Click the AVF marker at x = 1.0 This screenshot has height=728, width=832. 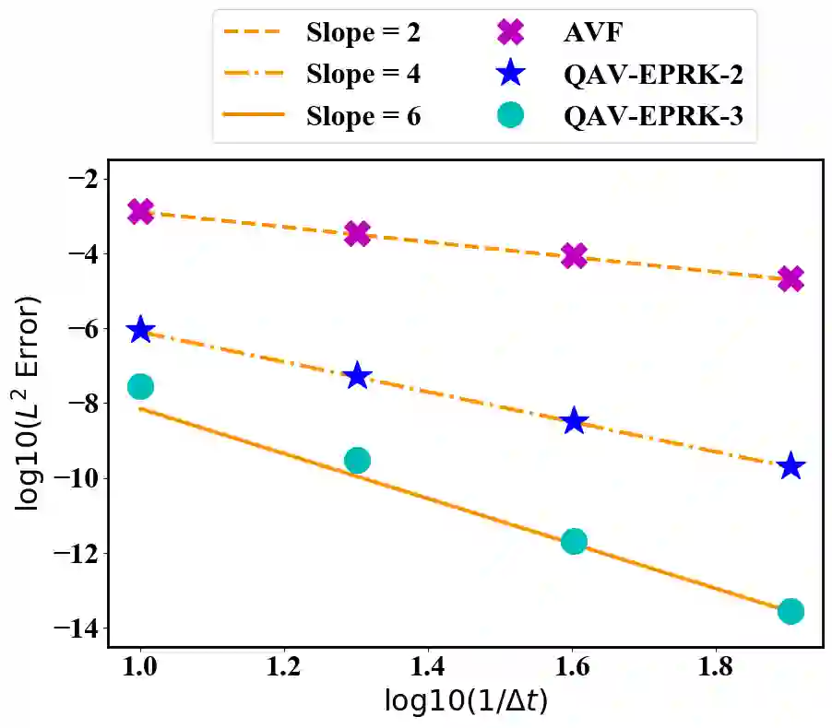(x=140, y=211)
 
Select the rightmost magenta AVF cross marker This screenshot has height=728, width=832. (x=790, y=278)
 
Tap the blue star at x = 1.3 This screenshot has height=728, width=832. (x=357, y=376)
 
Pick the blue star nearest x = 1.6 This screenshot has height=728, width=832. (x=574, y=420)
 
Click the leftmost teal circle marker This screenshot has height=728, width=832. (x=140, y=386)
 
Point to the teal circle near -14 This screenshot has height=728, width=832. (x=790, y=611)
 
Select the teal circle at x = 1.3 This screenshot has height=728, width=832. (x=357, y=460)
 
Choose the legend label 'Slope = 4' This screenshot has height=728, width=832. (x=363, y=76)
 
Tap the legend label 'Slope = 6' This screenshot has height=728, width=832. (x=363, y=116)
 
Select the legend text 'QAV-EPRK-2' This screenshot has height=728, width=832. (x=654, y=76)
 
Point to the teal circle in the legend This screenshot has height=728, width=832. (x=509, y=116)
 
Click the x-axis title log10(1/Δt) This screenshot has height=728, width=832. (x=465, y=703)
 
